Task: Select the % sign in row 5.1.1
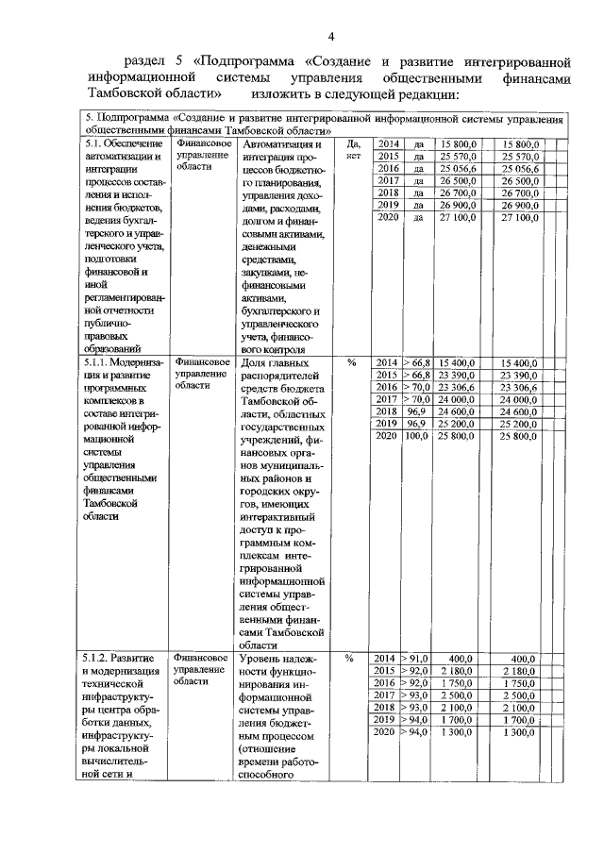tap(351, 362)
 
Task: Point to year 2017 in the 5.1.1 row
tap(385, 399)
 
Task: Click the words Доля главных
tap(276, 363)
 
